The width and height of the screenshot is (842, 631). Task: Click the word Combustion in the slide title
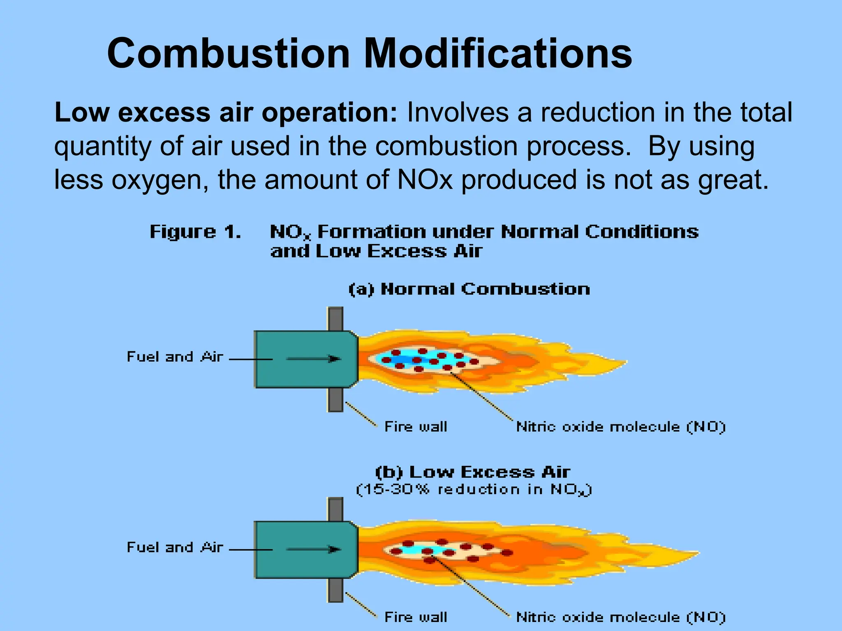point(228,53)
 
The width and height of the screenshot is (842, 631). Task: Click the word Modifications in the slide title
point(498,53)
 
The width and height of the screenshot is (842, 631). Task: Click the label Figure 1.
point(195,232)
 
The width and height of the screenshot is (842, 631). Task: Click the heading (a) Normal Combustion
point(469,289)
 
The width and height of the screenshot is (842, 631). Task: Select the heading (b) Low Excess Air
point(473,472)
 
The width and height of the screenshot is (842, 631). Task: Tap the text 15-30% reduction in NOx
point(474,490)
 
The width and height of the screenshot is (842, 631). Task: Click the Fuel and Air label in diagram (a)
point(175,357)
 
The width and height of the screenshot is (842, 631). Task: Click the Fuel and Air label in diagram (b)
point(175,547)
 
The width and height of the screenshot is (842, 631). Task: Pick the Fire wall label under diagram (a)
point(416,427)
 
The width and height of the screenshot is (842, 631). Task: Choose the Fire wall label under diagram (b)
point(416,617)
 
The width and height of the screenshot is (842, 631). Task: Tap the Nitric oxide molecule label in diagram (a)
point(621,427)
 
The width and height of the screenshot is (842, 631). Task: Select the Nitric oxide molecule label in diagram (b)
point(621,617)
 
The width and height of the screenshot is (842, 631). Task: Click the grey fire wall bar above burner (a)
point(335,318)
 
